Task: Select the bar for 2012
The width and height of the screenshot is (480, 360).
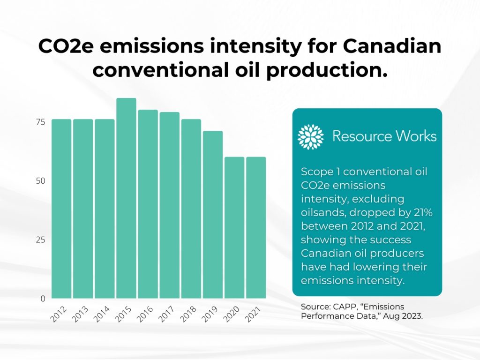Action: point(61,209)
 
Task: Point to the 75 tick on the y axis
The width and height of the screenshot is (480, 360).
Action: point(40,122)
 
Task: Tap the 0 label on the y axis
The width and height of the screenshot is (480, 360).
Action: point(42,299)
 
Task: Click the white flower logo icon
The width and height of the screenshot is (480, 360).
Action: point(311,137)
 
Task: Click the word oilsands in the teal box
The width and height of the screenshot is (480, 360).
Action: point(323,212)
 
